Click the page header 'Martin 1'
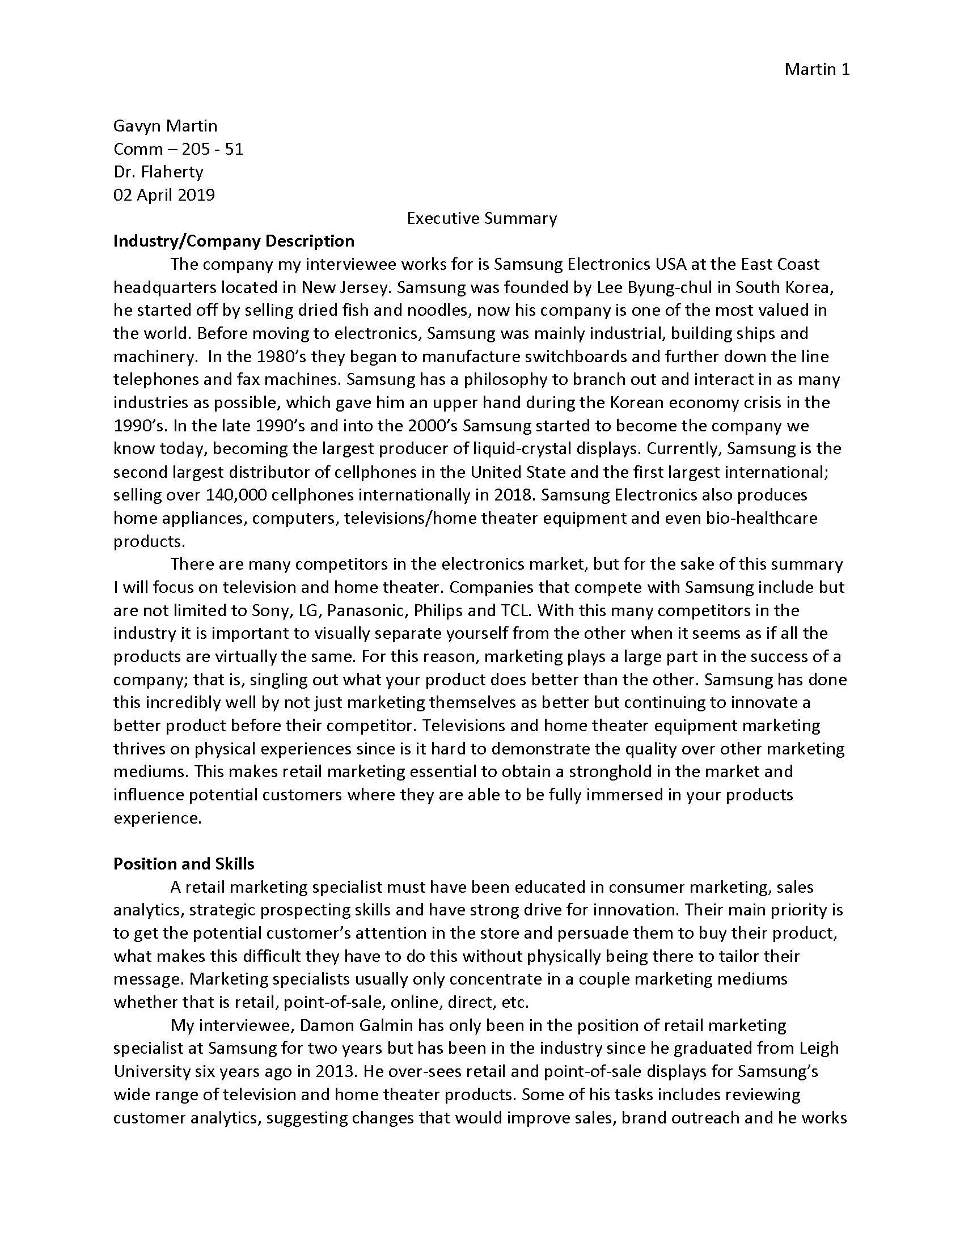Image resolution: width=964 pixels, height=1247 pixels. coord(817,69)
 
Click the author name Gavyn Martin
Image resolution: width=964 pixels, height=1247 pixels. coord(165,126)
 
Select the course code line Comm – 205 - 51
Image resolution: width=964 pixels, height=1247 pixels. coord(178,149)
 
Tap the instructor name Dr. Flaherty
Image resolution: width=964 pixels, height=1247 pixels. coord(158,172)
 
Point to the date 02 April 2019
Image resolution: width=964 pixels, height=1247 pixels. coord(164,196)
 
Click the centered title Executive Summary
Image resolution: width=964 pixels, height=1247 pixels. coord(481,218)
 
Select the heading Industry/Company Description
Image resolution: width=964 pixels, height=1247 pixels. coord(234,241)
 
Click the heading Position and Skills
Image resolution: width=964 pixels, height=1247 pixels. coord(183,863)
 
